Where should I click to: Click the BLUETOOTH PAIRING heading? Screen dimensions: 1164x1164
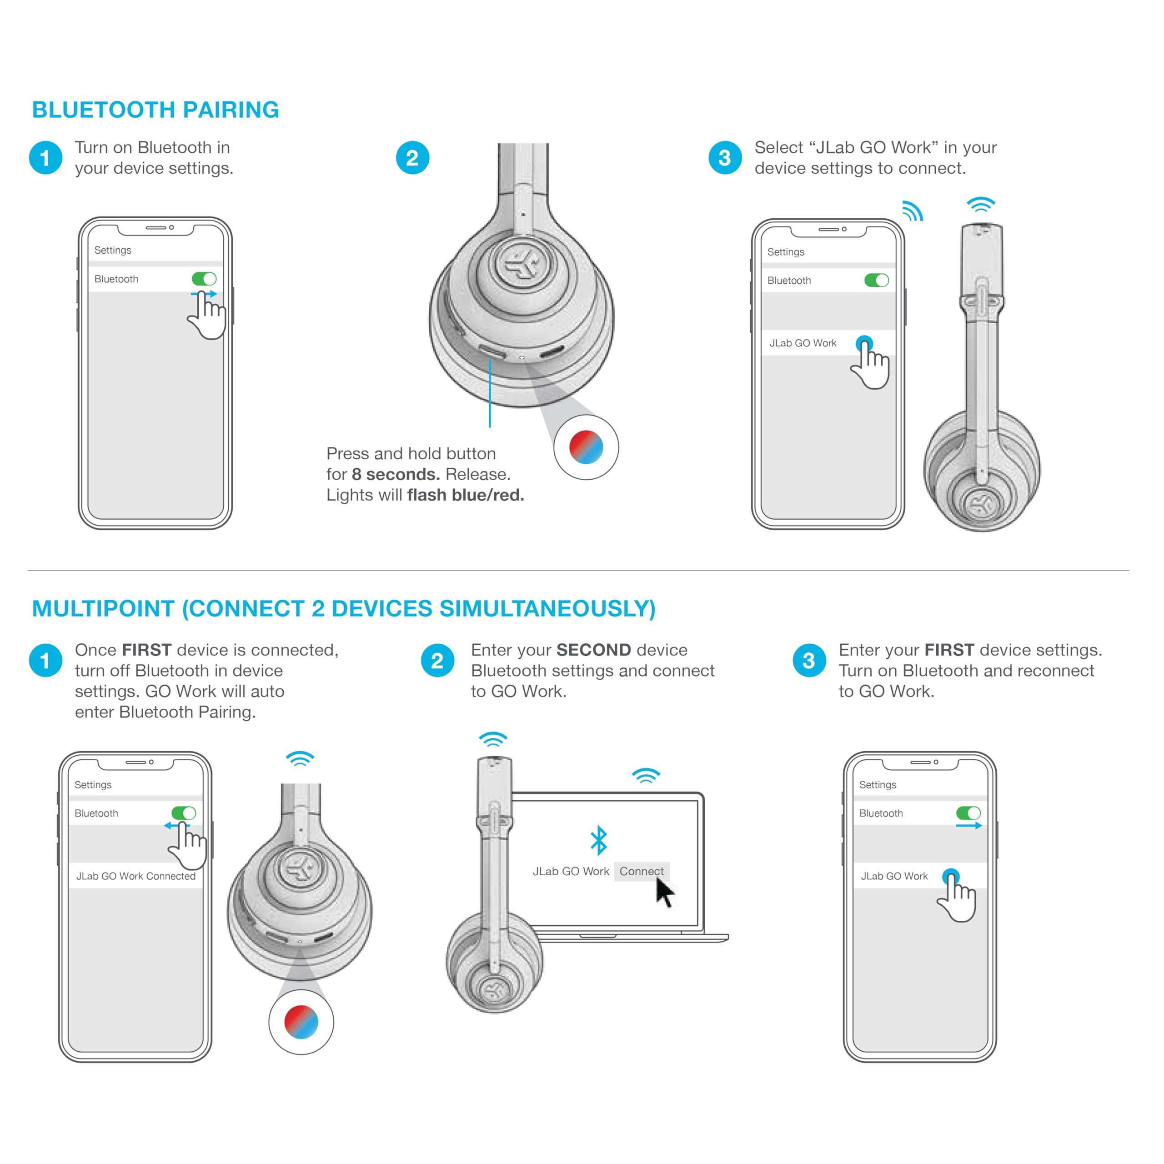click(x=156, y=110)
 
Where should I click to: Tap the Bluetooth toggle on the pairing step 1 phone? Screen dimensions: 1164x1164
click(x=204, y=279)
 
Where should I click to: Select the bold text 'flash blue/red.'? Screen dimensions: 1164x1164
click(x=465, y=495)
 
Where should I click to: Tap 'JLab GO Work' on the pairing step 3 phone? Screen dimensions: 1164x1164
click(x=803, y=343)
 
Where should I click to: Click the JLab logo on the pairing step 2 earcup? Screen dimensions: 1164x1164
click(x=521, y=263)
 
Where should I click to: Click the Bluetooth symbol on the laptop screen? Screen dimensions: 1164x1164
click(x=598, y=840)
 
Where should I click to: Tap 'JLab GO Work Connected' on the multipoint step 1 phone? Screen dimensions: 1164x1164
click(x=135, y=876)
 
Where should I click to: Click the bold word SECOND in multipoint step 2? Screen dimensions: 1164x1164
click(x=593, y=650)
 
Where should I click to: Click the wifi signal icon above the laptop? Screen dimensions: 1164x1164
click(x=646, y=775)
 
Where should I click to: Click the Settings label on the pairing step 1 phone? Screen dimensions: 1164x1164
click(x=113, y=250)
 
